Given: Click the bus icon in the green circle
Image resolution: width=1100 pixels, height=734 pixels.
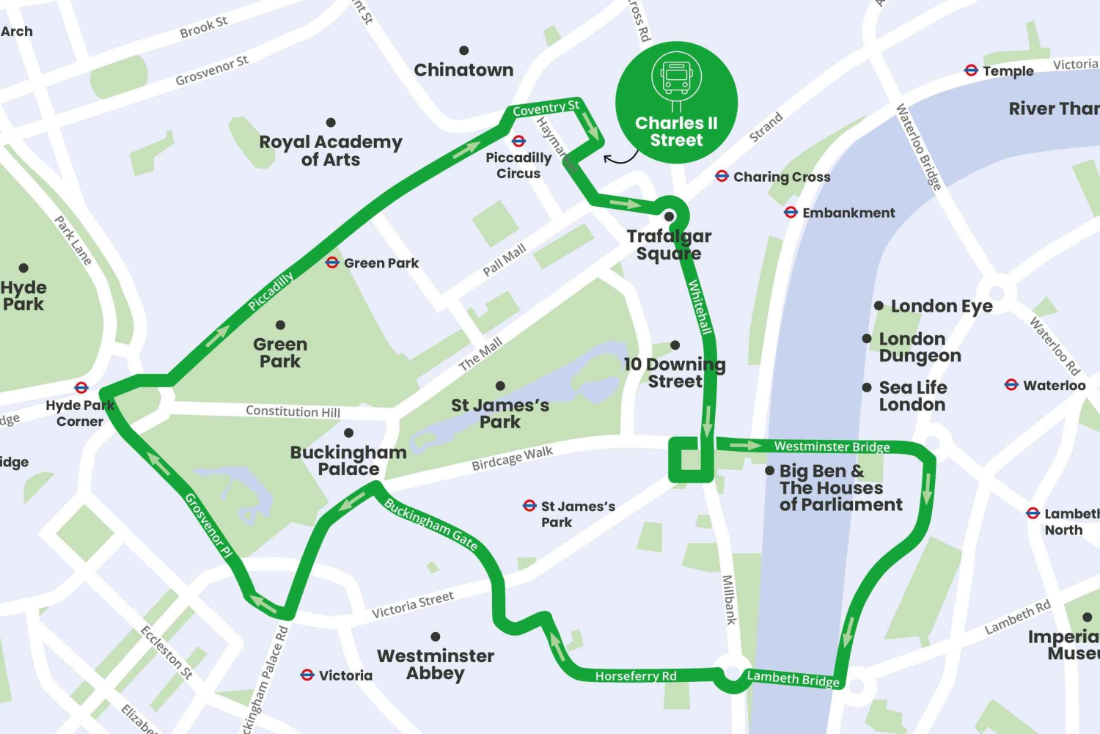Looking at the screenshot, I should pos(676,76).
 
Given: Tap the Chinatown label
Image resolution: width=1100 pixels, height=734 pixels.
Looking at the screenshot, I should pos(463,70).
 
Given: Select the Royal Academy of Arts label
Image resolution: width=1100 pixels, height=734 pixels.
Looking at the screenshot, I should pos(331,150).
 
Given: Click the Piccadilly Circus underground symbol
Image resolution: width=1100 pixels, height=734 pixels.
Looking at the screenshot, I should pos(518,141).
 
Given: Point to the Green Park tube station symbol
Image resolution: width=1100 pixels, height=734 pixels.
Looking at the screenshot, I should pos(332,263).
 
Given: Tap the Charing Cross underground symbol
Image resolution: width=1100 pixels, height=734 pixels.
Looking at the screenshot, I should pos(722,176).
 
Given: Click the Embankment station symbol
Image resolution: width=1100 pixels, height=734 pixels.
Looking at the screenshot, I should pos(791,213).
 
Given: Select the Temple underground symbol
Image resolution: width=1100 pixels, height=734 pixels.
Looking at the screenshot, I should pos(971,70).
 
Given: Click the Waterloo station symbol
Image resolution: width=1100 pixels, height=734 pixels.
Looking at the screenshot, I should pos(1011,385).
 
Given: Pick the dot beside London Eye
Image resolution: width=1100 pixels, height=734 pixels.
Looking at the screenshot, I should pos(879,306).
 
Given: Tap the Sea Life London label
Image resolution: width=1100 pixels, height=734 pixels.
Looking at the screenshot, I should pos(912,396).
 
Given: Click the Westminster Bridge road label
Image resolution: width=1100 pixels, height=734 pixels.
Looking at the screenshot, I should pos(832,447).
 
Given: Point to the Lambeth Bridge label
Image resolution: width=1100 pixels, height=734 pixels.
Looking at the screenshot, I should pos(793,679).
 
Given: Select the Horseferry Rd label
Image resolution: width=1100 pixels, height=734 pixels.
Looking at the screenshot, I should pos(636,676).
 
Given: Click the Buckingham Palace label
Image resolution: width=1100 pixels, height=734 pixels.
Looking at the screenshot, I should pos(348,460).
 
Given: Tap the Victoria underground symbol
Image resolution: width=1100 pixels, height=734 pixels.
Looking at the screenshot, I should pos(307,675).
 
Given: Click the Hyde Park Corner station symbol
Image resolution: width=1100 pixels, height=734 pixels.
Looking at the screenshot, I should pos(81,387).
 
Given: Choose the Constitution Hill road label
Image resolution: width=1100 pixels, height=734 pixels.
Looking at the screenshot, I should pos(293,411).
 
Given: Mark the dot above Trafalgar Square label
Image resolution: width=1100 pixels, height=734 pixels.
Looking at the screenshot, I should pos(669,216).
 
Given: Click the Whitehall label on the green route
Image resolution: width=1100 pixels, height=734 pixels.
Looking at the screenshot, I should pos(700,307).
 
